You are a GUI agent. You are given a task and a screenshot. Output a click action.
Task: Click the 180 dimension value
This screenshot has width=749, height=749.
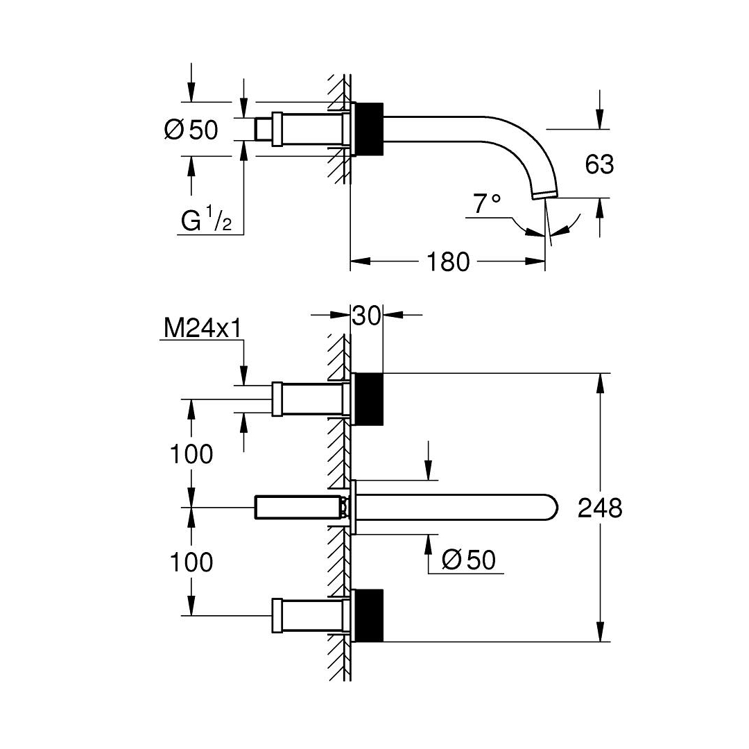coord(447,261)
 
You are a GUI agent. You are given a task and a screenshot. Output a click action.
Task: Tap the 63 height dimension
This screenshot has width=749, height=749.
coord(599,164)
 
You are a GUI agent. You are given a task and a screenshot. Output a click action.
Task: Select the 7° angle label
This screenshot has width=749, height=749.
coord(488,203)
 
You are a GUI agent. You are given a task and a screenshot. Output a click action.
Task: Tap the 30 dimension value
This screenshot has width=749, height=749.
coord(366,316)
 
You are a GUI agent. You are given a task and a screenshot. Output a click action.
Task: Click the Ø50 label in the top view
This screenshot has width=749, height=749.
coord(191,129)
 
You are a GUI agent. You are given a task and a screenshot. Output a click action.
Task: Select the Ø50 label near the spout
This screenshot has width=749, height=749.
coord(469,560)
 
